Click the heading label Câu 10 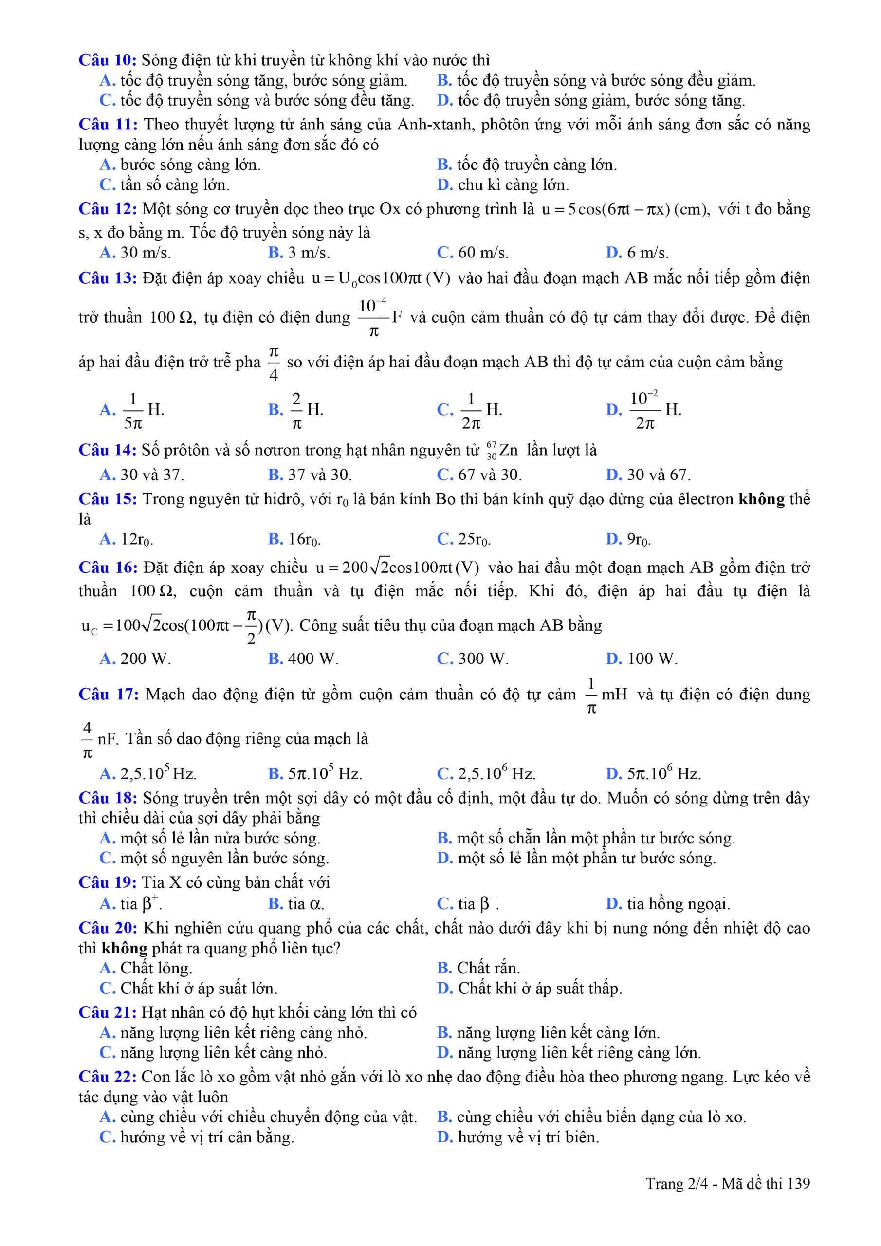(x=108, y=60)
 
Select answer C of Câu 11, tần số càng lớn (x=165, y=185)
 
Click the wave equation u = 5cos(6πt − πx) (x=625, y=209)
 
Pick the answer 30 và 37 (x=142, y=475)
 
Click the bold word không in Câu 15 (x=762, y=499)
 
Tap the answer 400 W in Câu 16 (x=303, y=659)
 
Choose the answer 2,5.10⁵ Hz (x=147, y=773)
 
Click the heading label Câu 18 (x=108, y=798)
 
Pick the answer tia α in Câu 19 (x=296, y=904)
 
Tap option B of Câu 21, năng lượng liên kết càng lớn (x=548, y=1033)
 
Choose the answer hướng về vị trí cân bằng (x=197, y=1137)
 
